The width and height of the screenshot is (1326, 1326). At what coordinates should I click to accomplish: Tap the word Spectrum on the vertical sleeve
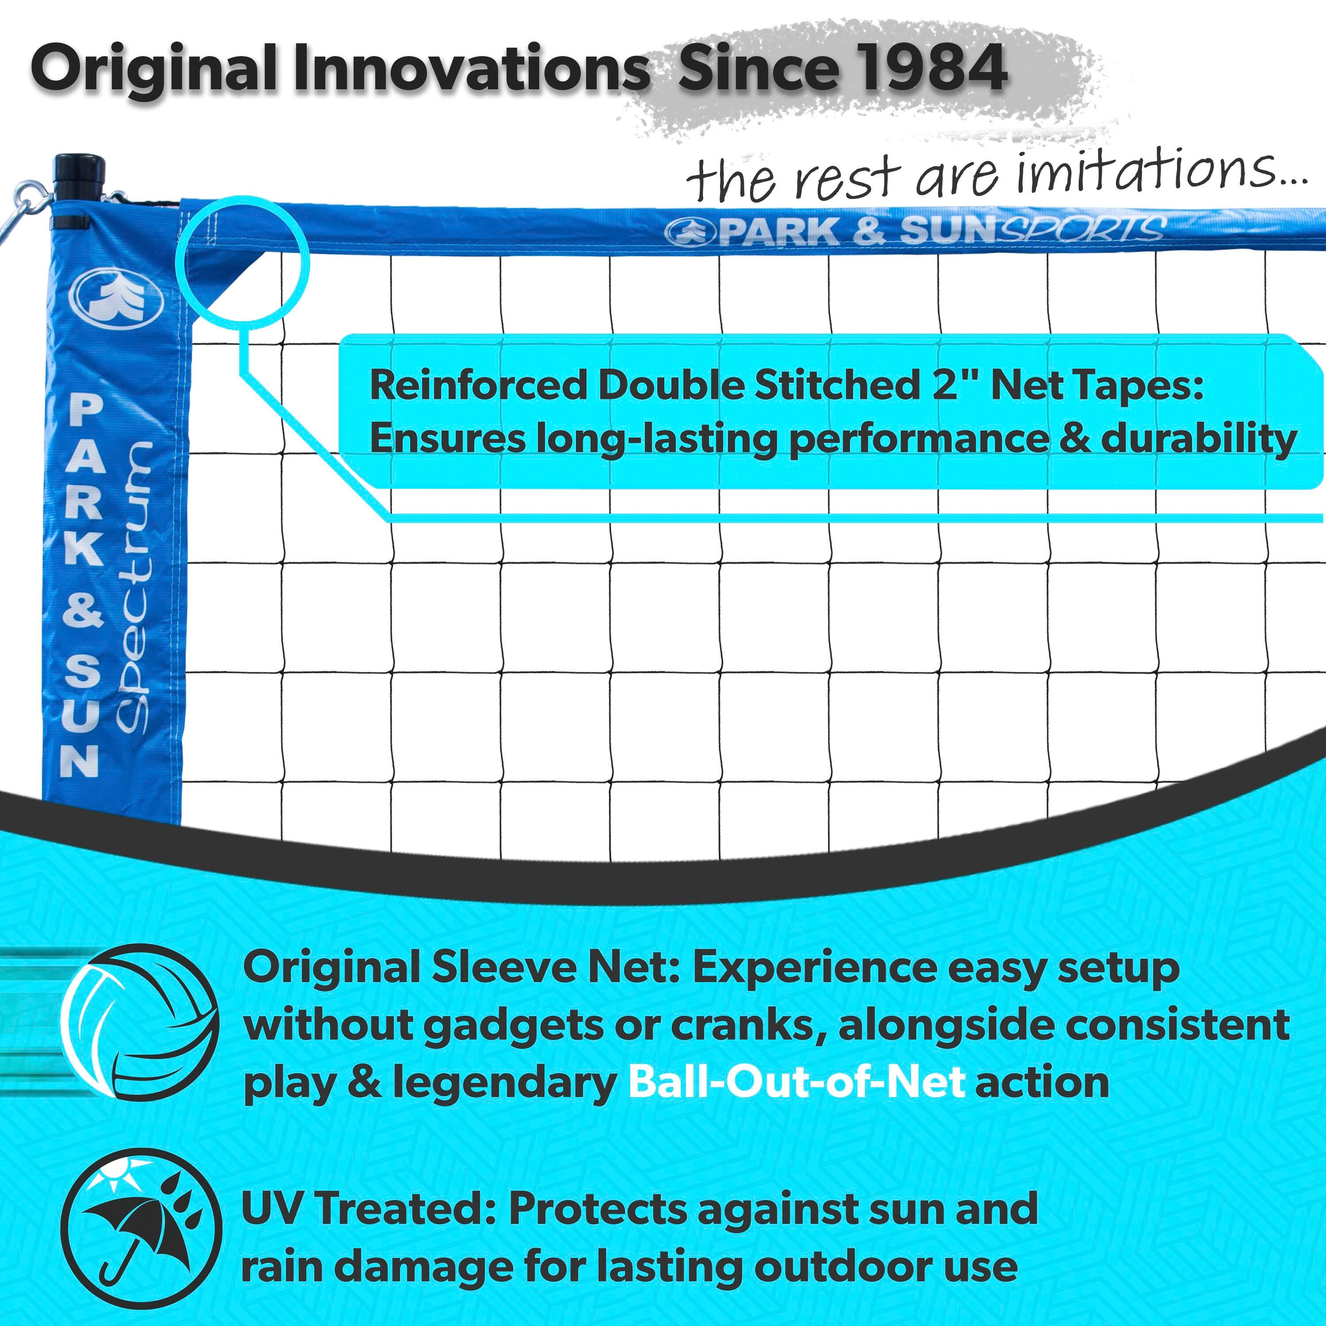(x=132, y=587)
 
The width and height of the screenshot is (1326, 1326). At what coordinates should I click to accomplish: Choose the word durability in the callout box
(x=1198, y=439)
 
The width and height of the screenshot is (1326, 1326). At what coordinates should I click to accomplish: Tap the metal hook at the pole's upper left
(x=27, y=206)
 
